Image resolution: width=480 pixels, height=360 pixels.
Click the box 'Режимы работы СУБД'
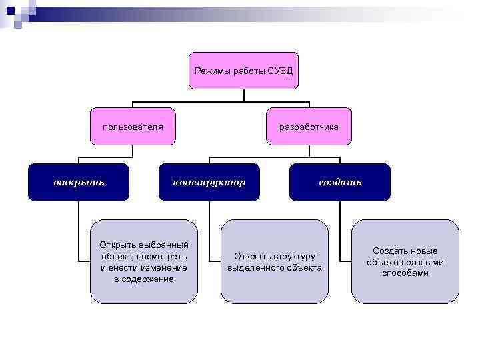243,71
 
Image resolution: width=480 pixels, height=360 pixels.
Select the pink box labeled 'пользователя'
133,126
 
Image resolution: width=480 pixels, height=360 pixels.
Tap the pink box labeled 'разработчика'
309,126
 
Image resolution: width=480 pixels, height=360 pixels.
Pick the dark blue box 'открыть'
79,182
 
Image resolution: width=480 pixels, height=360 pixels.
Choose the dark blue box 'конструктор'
209,182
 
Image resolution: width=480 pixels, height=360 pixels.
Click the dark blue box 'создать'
340,182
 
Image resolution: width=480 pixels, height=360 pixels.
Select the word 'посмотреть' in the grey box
163,256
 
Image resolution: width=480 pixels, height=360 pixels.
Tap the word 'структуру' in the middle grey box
293,256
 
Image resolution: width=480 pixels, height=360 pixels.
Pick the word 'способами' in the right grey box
405,273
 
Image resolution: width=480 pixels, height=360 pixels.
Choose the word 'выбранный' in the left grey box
165,245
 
